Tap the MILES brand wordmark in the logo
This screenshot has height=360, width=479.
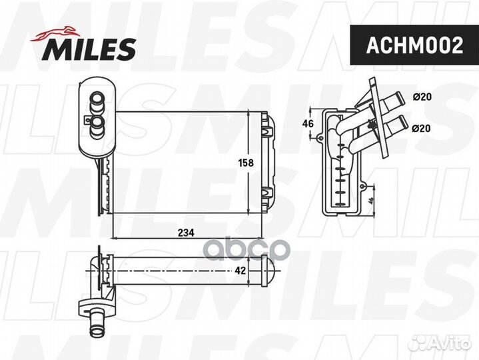(x=91, y=49)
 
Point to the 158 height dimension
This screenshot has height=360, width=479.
(x=246, y=162)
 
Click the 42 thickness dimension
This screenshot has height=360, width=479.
(x=240, y=271)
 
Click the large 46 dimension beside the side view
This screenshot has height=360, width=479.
(x=308, y=124)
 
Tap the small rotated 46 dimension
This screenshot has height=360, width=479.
(x=370, y=201)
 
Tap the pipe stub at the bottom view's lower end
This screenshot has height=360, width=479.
(x=95, y=328)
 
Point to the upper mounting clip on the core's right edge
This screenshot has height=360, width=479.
(x=268, y=127)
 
